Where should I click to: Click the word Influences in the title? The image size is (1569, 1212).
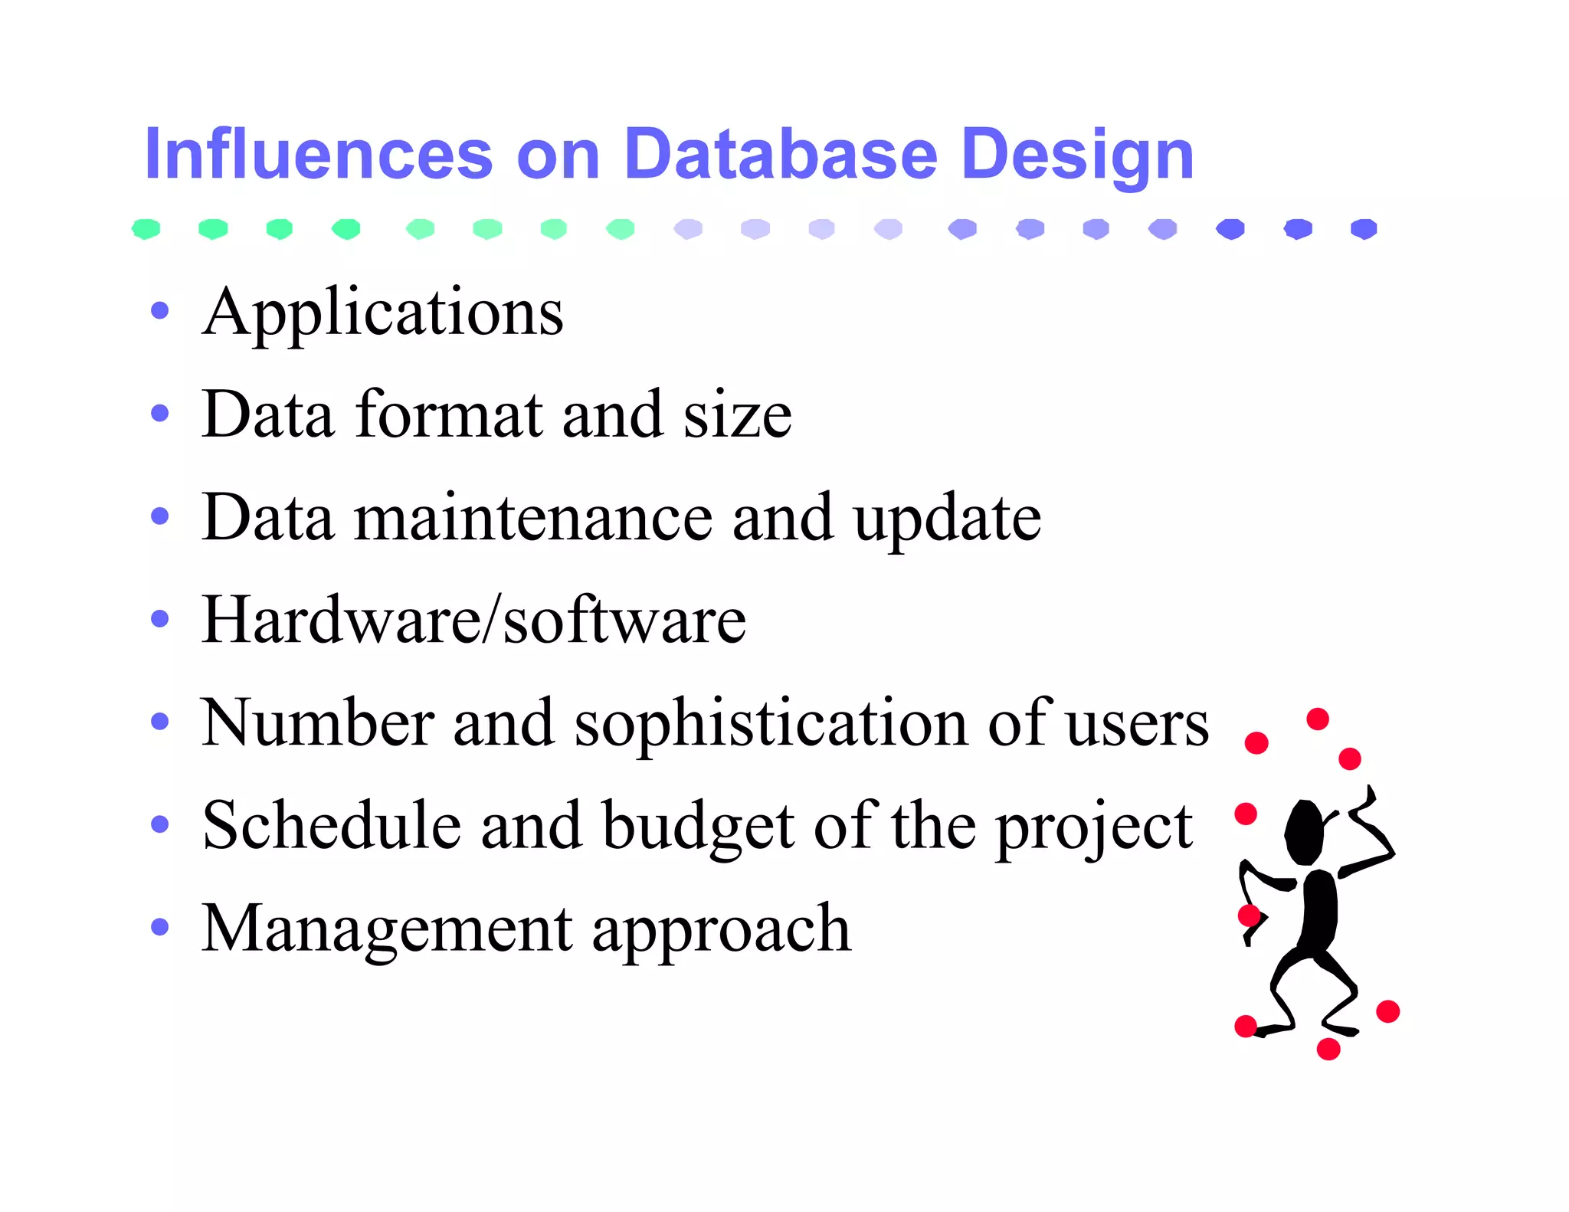318,155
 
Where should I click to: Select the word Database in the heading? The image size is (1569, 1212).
780,155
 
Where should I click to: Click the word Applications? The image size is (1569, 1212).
382,314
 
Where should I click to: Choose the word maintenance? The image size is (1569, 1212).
533,518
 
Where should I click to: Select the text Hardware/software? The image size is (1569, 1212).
473,620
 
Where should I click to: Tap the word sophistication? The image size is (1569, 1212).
771,725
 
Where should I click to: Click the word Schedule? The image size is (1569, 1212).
332,826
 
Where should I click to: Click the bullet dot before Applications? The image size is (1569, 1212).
159,311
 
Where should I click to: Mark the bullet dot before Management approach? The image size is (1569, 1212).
159,928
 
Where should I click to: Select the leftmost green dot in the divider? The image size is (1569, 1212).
146,228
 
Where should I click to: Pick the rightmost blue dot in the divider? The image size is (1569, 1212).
1364,228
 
